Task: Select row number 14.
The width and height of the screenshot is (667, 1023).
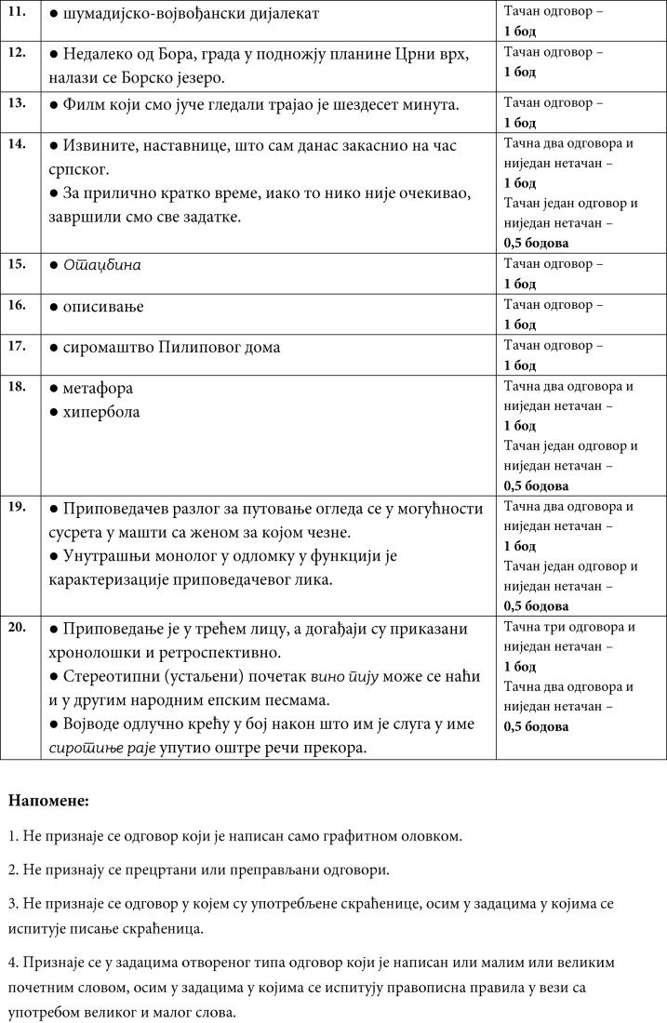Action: point(17,144)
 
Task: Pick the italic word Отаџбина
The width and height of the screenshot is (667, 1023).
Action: point(101,265)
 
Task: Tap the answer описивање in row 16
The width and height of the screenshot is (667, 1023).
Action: point(103,306)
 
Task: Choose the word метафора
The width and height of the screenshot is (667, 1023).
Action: point(99,388)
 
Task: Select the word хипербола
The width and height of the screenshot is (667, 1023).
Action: point(101,411)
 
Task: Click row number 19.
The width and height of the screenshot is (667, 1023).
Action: point(17,507)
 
